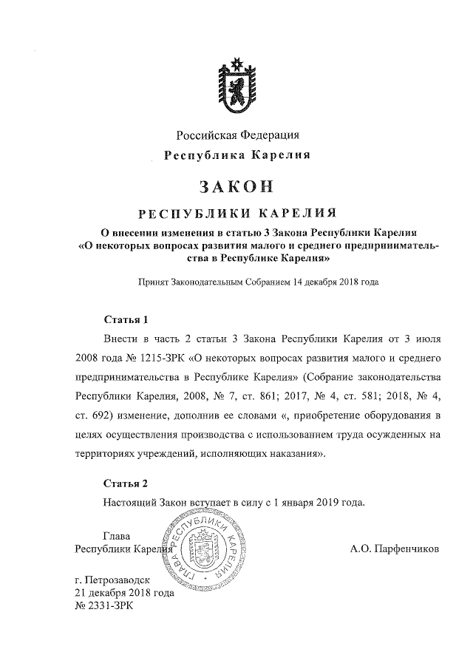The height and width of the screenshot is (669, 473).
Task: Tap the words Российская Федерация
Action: pos(237,135)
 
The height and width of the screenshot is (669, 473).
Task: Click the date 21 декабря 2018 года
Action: pos(125,593)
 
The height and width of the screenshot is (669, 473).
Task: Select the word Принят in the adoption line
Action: pos(153,282)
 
